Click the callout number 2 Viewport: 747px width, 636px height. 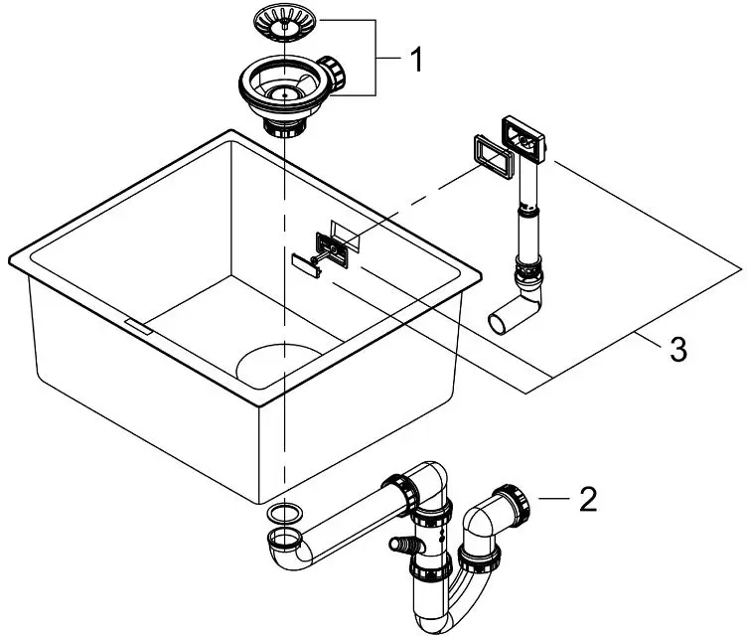589,499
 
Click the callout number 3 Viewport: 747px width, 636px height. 675,350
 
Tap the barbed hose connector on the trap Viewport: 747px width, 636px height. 400,546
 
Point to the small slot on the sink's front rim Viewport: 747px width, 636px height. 135,324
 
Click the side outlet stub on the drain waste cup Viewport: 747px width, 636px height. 336,72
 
